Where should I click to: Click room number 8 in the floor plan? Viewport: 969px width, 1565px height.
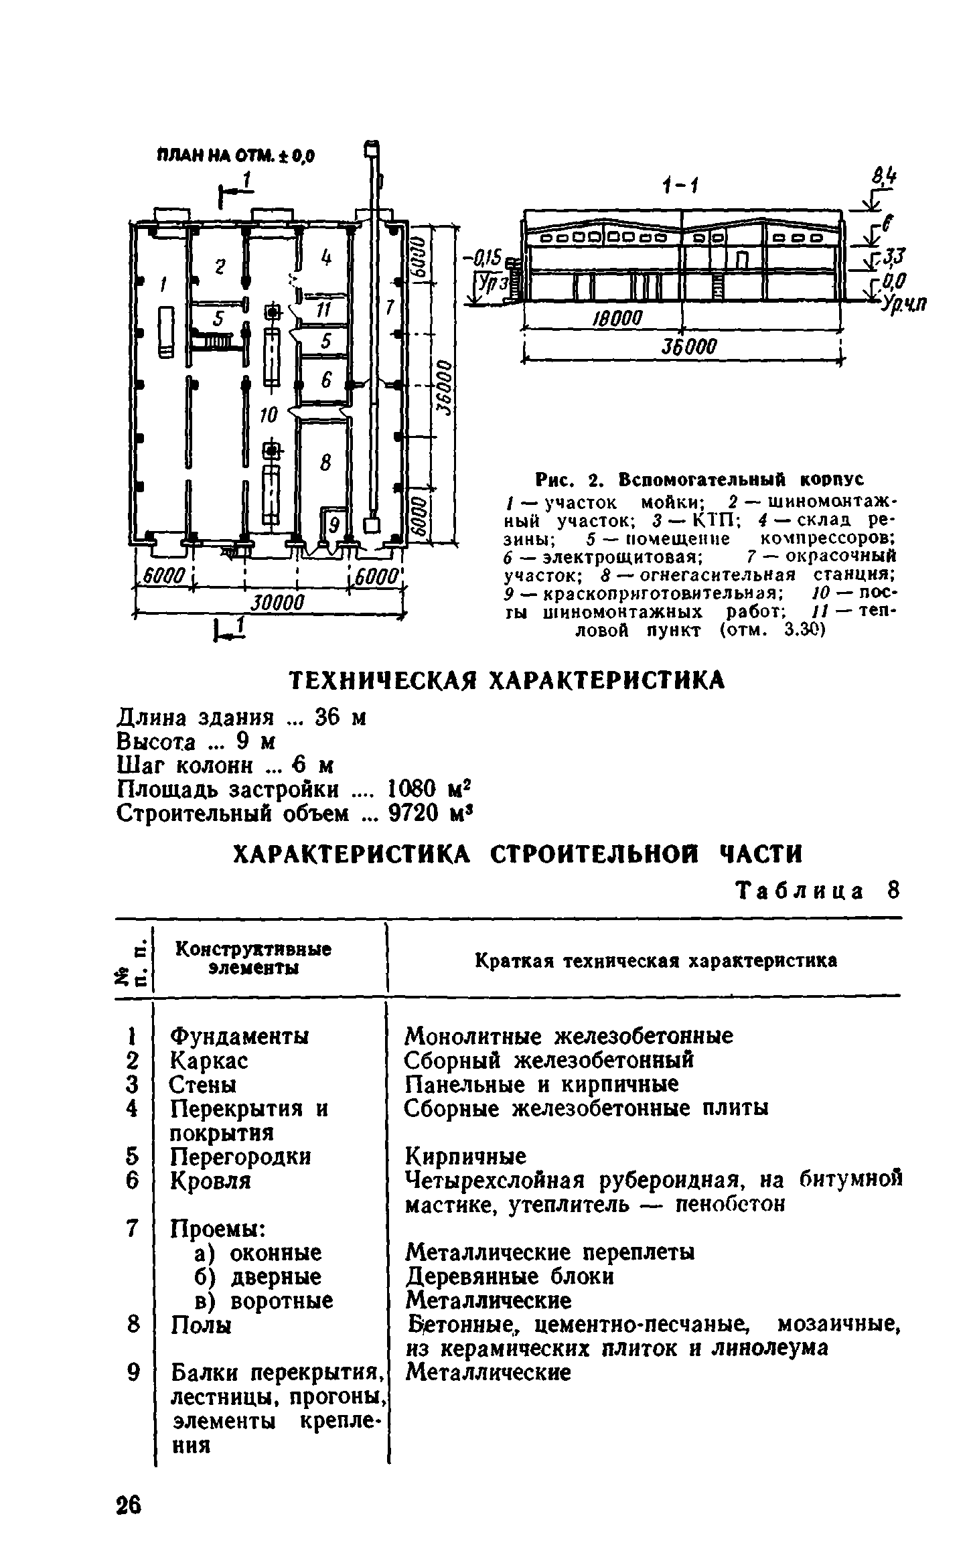[x=325, y=461]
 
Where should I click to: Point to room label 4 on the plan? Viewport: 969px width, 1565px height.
[x=325, y=258]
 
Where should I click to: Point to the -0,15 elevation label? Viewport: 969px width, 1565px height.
[x=488, y=257]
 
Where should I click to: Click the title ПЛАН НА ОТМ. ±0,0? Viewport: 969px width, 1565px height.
[x=236, y=156]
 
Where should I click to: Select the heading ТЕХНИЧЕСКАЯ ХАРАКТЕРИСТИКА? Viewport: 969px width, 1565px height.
[x=507, y=680]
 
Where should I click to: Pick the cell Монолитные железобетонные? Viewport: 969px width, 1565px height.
[x=569, y=1037]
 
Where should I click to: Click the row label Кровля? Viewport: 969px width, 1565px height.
[x=210, y=1181]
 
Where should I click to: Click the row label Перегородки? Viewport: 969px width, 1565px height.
[x=240, y=1157]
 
